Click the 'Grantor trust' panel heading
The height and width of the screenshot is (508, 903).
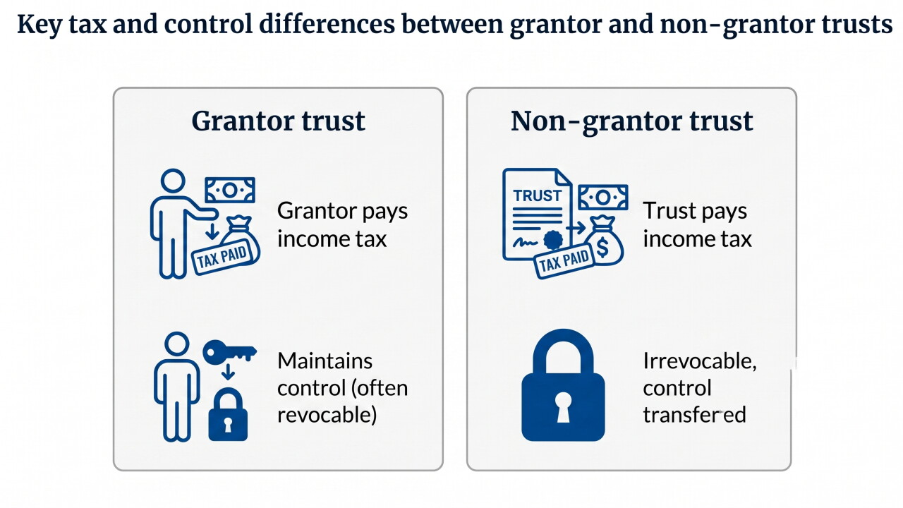278,121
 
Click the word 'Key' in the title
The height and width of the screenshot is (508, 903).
40,25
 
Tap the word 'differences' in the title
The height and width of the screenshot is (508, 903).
327,24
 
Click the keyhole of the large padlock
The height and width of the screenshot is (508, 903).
563,406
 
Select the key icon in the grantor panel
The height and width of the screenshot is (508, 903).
229,352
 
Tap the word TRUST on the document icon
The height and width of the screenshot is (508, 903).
538,196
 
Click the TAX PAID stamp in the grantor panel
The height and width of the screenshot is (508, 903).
223,258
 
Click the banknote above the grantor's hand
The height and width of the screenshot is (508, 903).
230,190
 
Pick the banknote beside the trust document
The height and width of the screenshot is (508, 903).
603,197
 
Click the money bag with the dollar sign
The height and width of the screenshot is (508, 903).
603,241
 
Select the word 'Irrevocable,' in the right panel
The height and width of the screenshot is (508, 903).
700,361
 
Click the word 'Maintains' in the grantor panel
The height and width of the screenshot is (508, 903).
325,361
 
